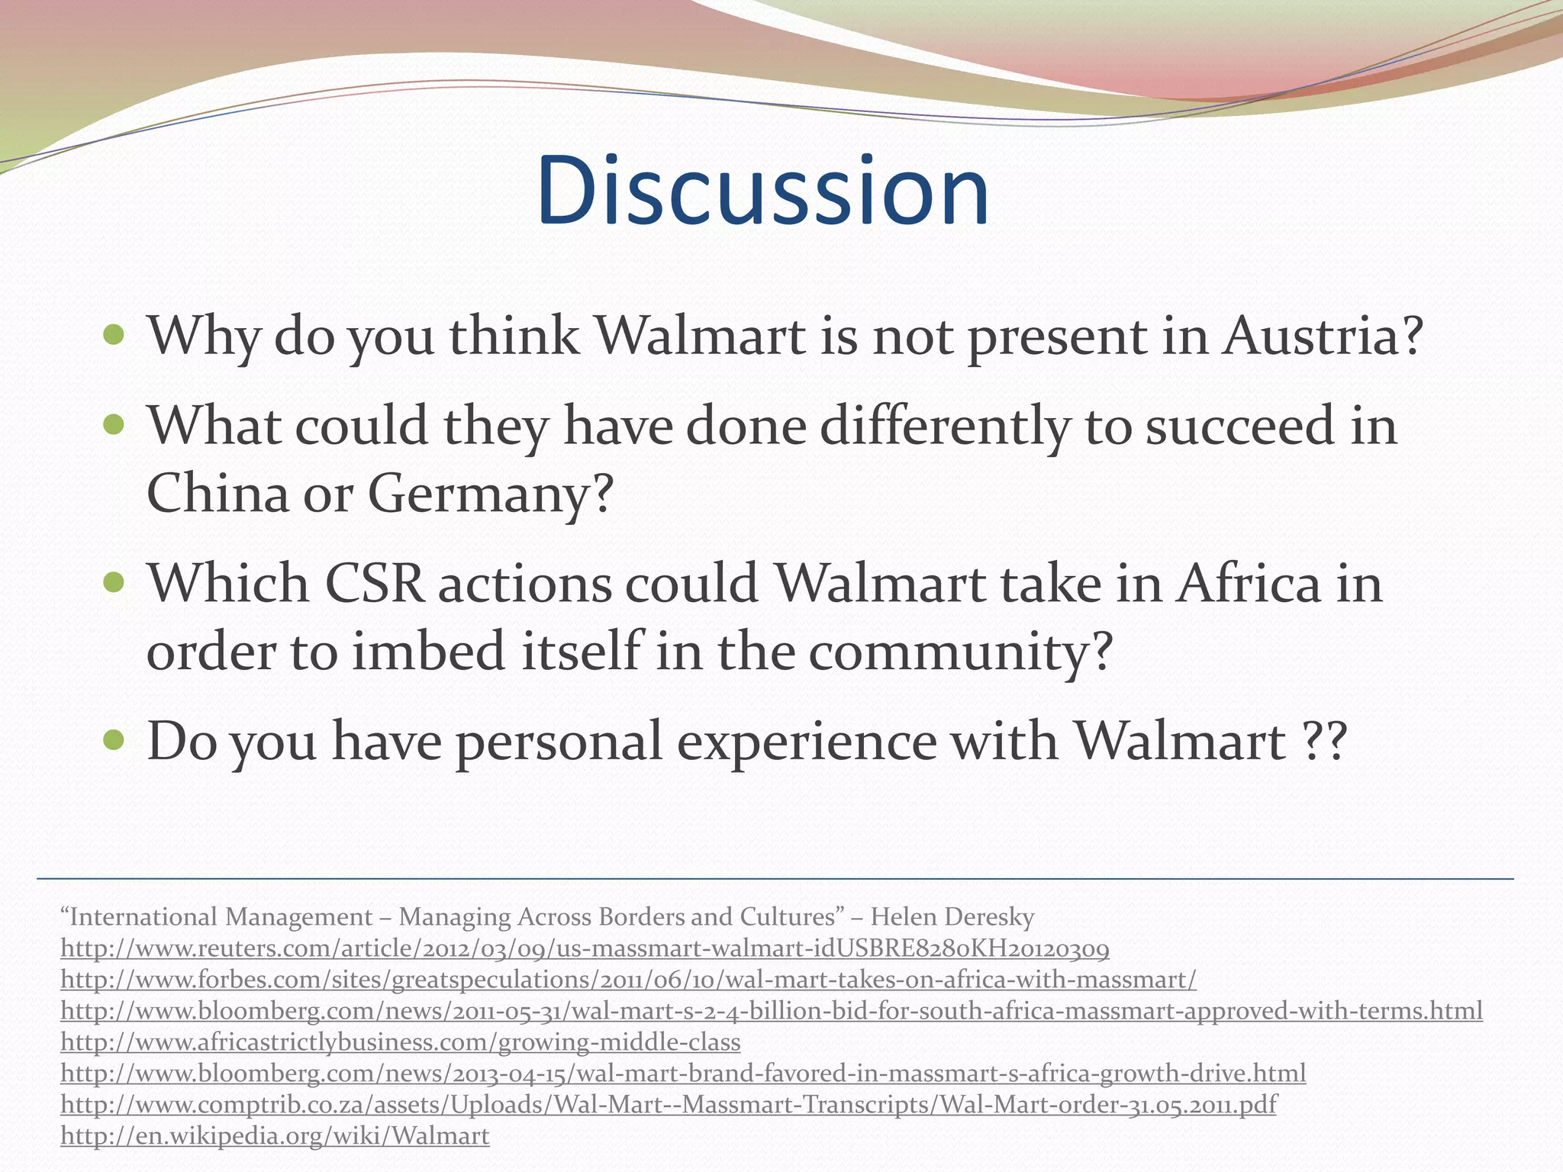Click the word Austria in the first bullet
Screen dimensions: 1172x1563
point(1321,336)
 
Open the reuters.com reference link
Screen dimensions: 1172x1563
point(585,948)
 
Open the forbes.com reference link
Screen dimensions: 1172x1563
point(628,980)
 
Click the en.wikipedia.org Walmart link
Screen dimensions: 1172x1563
point(275,1136)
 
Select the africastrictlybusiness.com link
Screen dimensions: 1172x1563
point(400,1042)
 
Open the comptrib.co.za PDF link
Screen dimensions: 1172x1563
point(668,1105)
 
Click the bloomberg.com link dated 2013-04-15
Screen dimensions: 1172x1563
point(683,1074)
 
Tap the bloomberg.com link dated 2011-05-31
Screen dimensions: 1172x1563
point(771,1011)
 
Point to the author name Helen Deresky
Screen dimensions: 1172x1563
point(952,916)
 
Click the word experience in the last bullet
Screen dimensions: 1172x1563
point(806,742)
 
